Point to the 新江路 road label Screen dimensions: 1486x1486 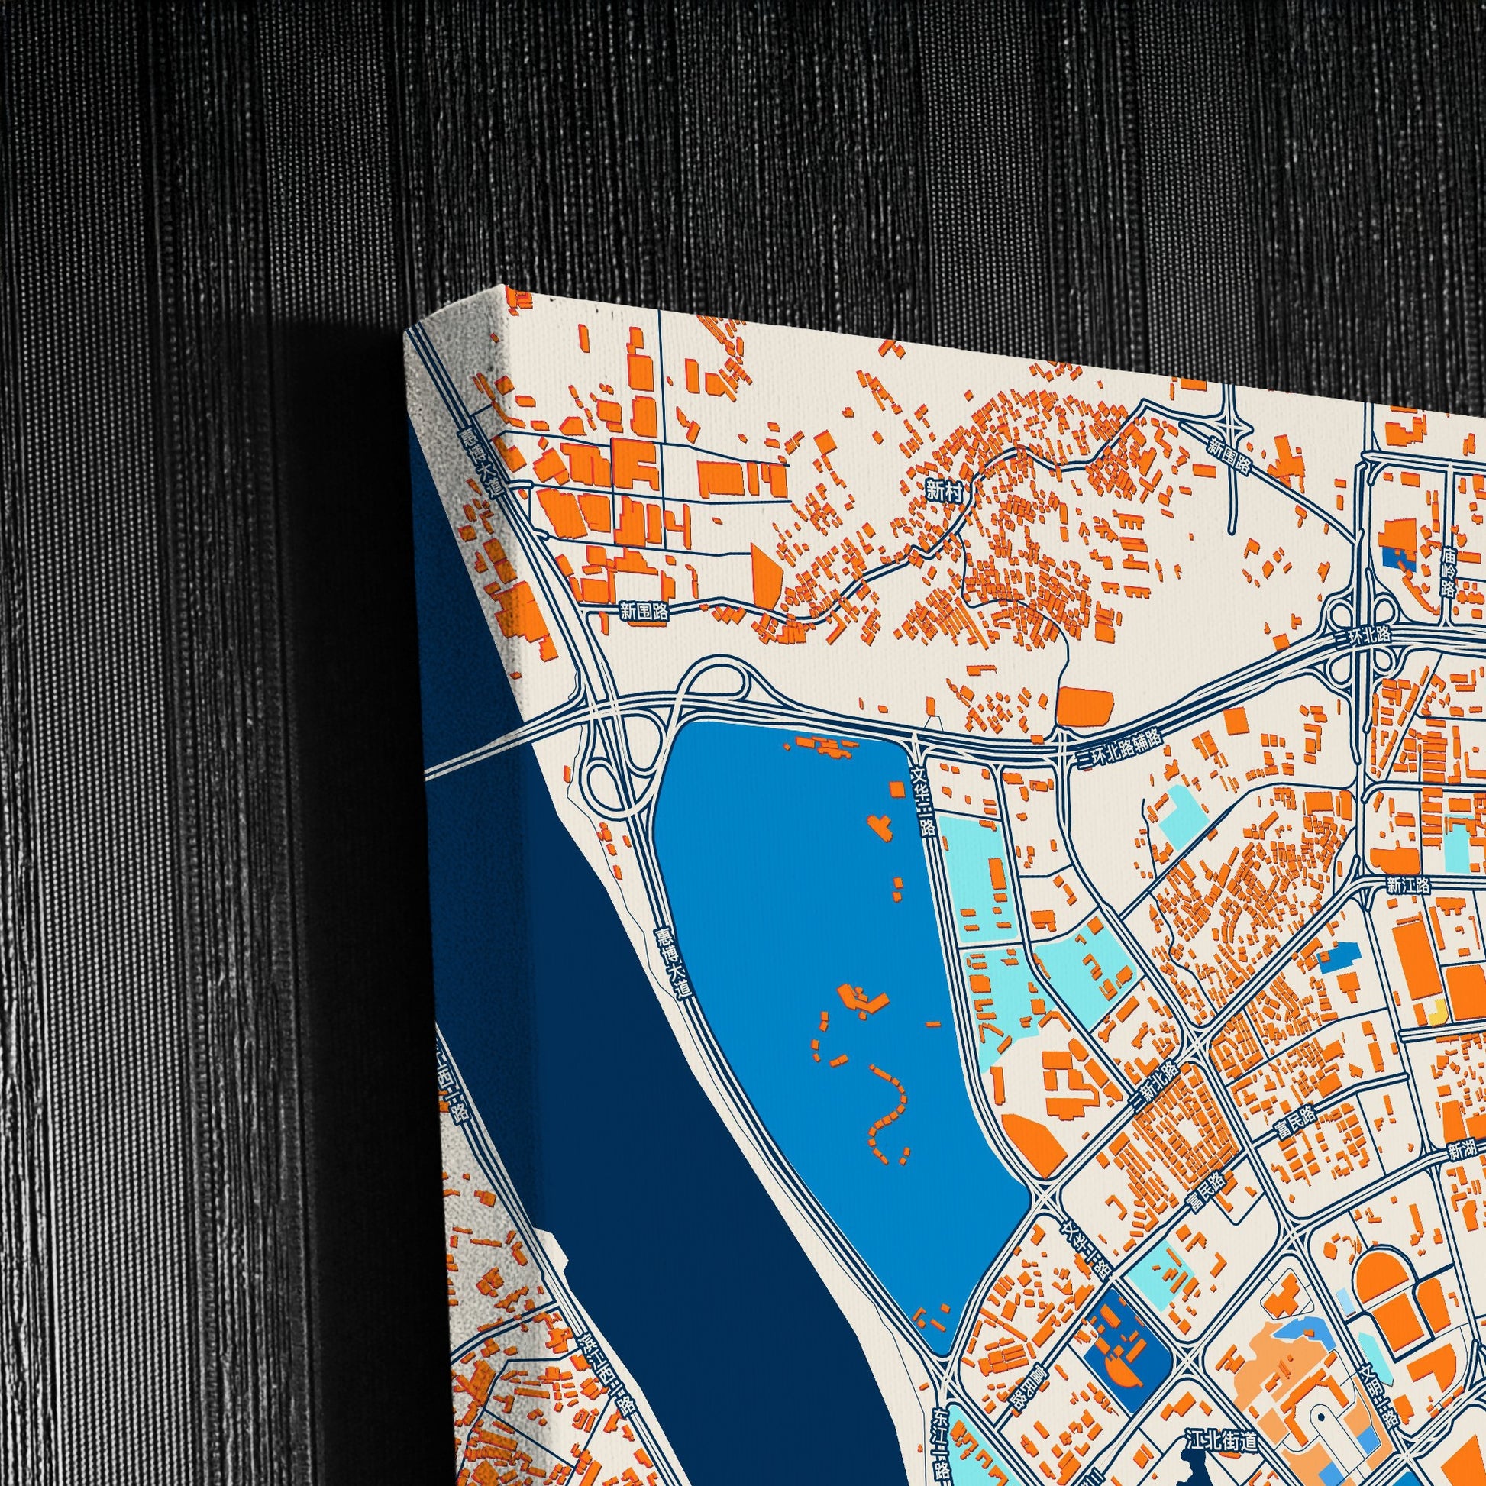pyautogui.click(x=1408, y=886)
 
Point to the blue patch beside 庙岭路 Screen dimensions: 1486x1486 pyautogui.click(x=1396, y=560)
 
